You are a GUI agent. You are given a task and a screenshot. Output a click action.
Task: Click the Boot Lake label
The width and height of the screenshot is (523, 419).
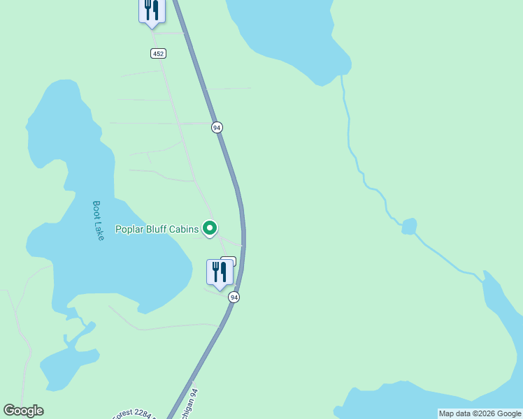[x=98, y=221]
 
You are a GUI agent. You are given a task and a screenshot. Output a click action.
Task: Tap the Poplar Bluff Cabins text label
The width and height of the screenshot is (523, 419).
[x=157, y=229]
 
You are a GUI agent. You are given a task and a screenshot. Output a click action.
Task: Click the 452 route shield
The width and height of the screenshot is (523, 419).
[x=157, y=54]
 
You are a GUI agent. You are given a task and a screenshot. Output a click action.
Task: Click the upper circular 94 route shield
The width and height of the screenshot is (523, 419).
[x=217, y=127]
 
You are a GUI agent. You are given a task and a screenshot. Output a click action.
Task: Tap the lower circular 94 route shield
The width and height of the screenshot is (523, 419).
[x=234, y=297]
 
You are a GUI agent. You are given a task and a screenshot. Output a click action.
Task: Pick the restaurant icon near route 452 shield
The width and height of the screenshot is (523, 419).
[x=152, y=10]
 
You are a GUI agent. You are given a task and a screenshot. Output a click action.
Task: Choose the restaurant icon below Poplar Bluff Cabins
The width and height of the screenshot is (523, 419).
[x=220, y=272]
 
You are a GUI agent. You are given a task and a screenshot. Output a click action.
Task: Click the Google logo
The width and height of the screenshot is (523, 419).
[x=23, y=411]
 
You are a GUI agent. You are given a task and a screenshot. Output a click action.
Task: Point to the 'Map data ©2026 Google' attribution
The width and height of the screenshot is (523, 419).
[x=480, y=413]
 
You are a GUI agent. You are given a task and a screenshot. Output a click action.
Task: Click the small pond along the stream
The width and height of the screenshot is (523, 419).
[x=410, y=226]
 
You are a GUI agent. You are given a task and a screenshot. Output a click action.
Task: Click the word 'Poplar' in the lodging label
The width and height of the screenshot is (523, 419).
[x=129, y=229]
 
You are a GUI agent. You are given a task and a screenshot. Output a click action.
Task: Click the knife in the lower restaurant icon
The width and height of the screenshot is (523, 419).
[x=224, y=271]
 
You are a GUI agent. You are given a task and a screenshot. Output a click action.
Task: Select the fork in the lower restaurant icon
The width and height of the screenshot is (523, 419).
[x=215, y=271]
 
